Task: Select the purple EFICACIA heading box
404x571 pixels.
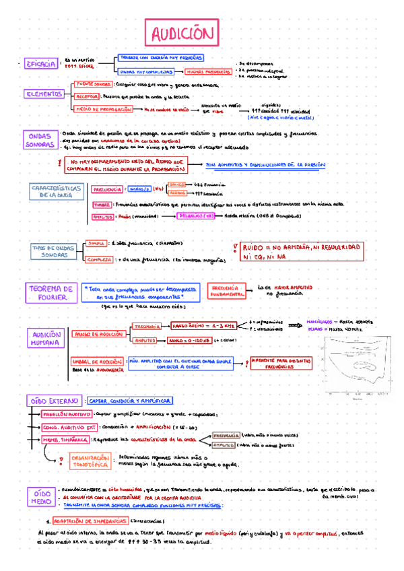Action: (x=40, y=64)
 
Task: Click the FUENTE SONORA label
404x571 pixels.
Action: (x=94, y=84)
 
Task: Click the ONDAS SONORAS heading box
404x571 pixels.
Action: (x=40, y=139)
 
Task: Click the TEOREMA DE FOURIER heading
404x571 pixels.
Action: (x=50, y=292)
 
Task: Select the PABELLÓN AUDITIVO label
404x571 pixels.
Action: (x=67, y=415)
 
